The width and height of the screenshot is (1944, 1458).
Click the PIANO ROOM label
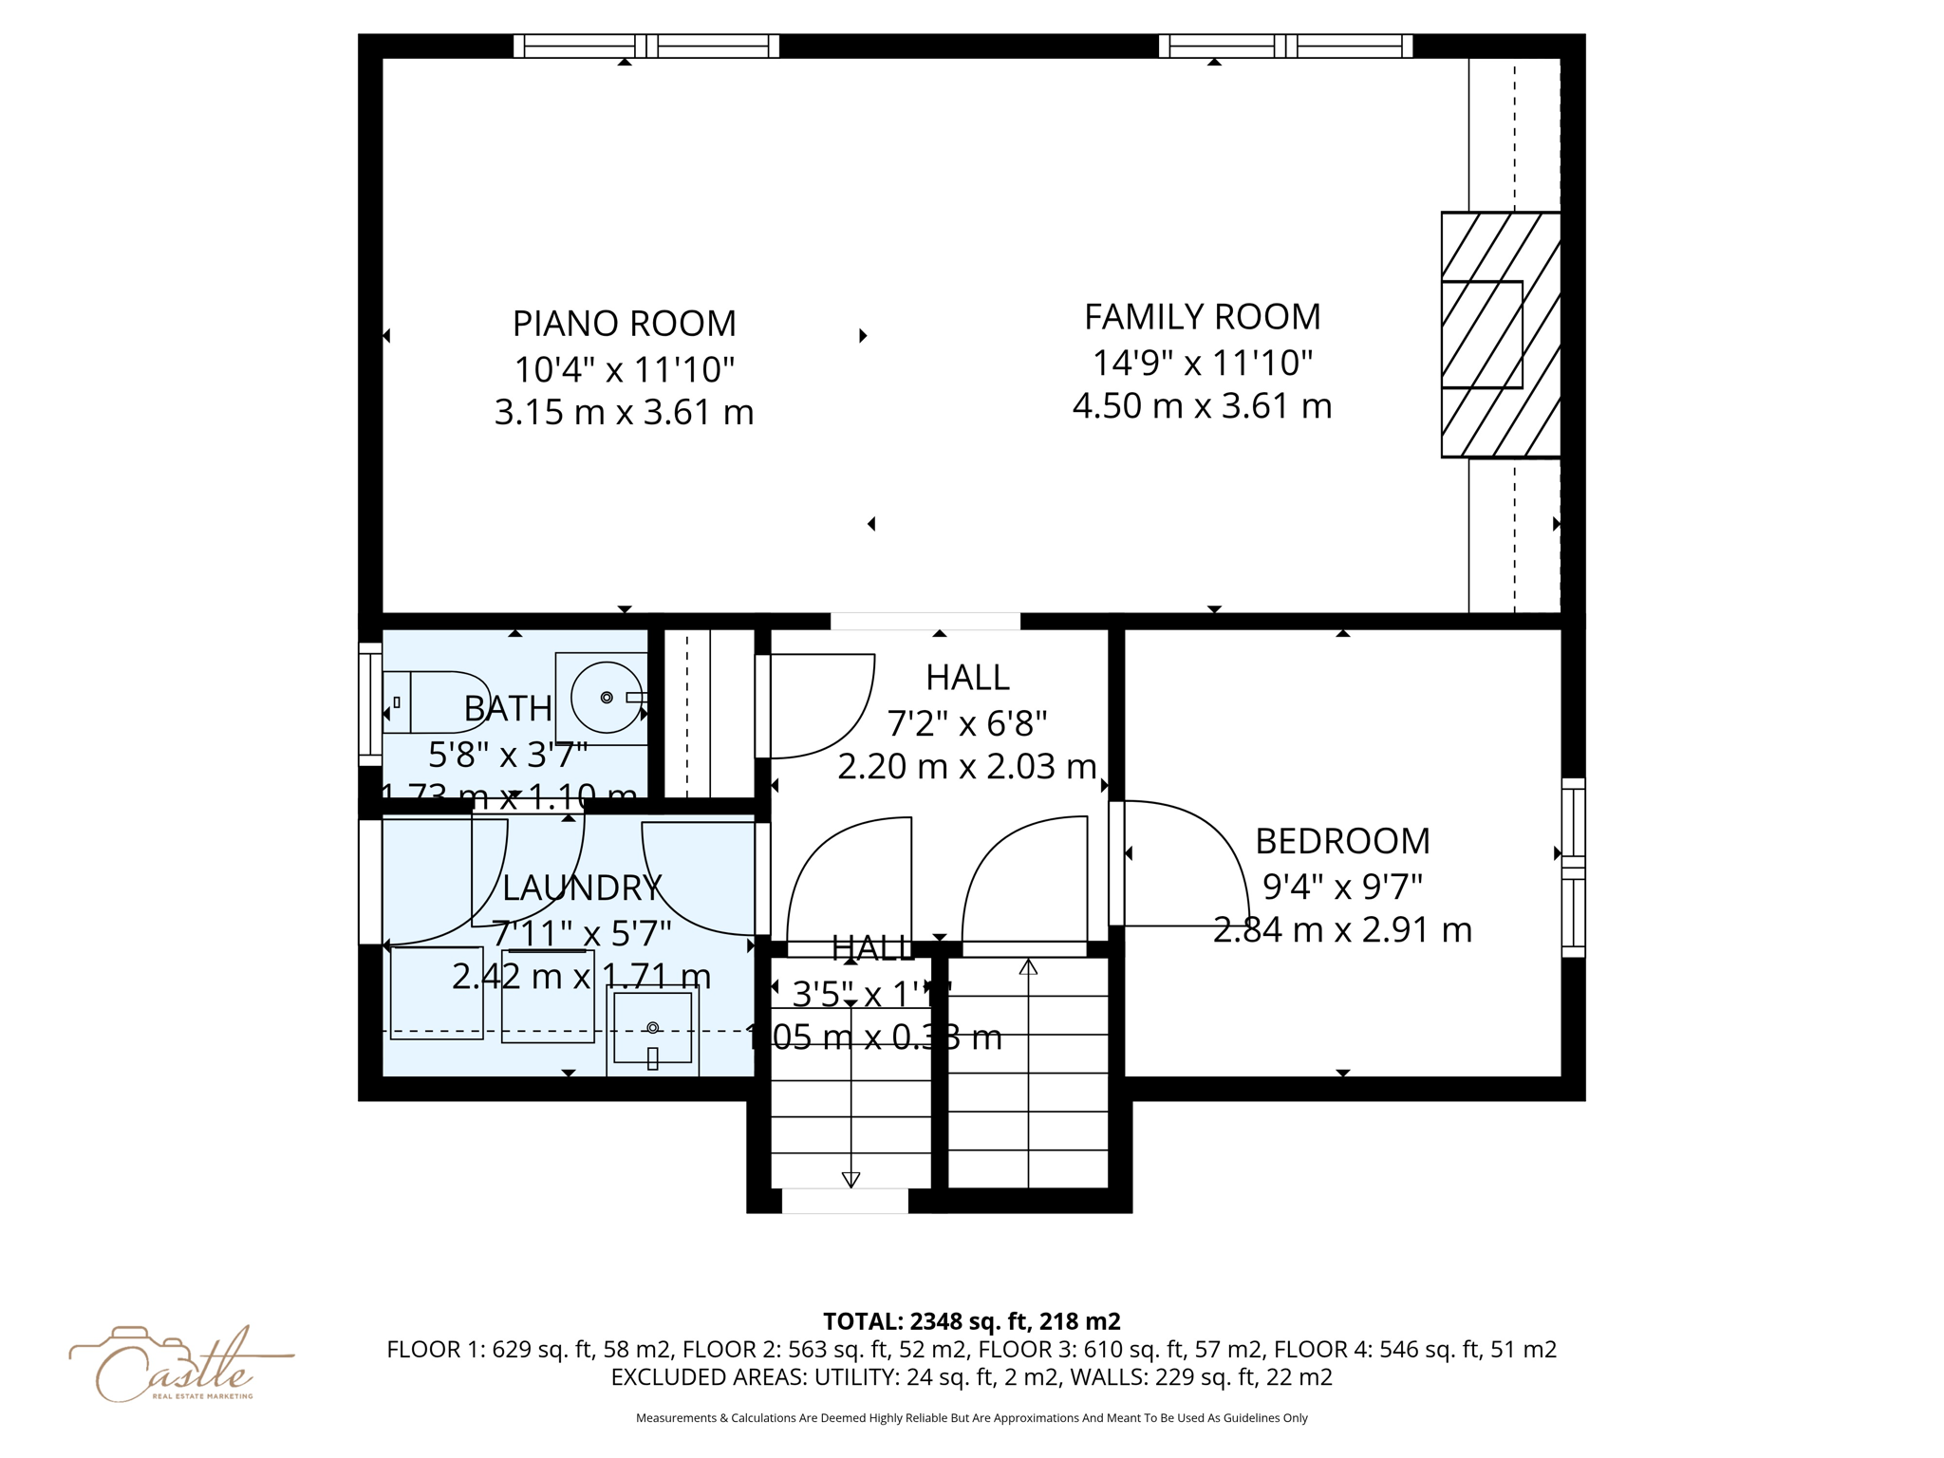click(624, 324)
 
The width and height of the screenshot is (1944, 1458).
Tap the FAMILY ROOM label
click(1202, 317)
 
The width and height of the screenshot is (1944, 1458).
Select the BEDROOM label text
click(1341, 841)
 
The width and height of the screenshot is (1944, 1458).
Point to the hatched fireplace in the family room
click(1500, 334)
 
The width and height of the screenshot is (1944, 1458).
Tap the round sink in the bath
click(606, 698)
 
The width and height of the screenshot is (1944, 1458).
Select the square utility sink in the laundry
click(652, 1028)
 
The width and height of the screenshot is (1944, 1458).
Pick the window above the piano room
click(645, 46)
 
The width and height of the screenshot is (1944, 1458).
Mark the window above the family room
click(1285, 46)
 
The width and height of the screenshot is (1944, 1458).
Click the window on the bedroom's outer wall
click(1573, 868)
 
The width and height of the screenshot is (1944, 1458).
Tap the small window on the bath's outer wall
click(369, 703)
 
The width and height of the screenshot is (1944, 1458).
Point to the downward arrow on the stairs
click(850, 1180)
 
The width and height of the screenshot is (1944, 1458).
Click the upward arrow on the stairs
click(1028, 967)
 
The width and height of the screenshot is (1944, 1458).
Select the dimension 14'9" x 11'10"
click(1202, 363)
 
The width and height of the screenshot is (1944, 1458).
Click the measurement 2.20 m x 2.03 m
click(966, 766)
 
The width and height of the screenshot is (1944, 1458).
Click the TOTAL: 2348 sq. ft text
click(971, 1321)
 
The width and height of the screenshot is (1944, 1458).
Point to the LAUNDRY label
click(581, 888)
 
